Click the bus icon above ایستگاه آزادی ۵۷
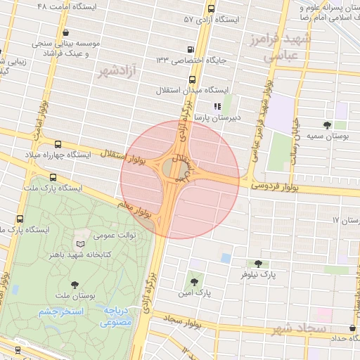coord(212,9)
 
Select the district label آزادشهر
coord(117,71)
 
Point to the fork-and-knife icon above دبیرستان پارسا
coord(217,107)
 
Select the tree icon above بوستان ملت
coord(75,285)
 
